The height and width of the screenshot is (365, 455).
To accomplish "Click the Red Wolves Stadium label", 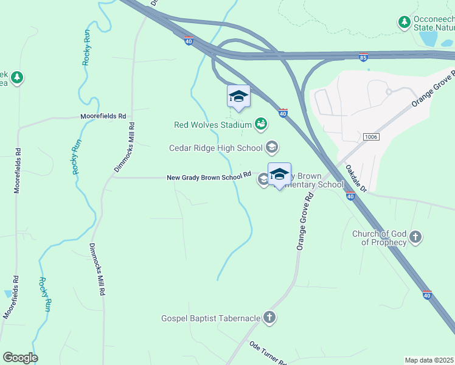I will click(212, 125).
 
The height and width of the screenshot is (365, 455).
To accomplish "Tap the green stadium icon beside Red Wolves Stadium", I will click(261, 125).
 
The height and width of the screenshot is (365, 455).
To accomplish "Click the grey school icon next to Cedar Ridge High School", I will click(272, 147).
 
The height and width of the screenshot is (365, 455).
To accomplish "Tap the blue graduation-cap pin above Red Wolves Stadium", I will click(238, 97).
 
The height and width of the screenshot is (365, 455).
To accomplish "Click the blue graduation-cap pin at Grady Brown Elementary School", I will click(279, 175).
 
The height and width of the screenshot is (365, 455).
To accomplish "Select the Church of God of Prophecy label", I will click(380, 238).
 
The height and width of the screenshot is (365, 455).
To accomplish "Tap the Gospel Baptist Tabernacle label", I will click(210, 318).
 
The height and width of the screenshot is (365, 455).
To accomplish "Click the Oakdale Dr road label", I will click(356, 179).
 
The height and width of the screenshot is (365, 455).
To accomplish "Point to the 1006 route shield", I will click(370, 137).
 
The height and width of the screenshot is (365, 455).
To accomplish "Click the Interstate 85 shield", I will click(364, 58).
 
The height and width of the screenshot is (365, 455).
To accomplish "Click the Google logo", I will click(20, 358).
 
